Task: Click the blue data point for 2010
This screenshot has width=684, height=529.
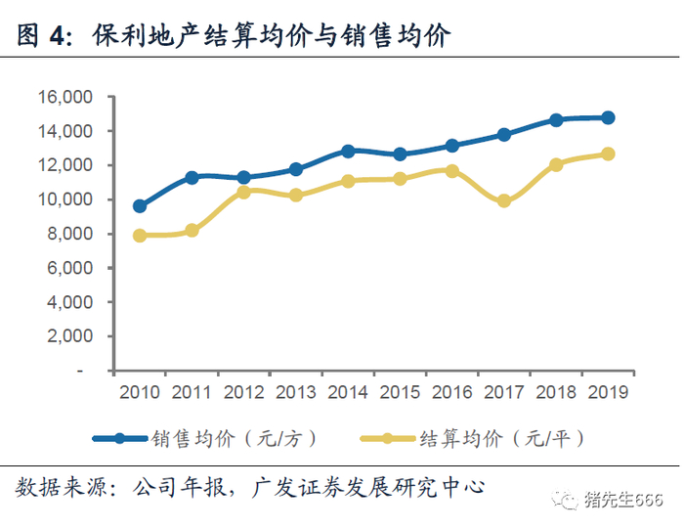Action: (x=140, y=206)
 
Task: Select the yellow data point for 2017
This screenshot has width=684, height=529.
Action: (x=504, y=200)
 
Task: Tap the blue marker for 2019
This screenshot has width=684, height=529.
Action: (x=608, y=118)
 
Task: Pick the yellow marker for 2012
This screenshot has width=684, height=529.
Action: (x=244, y=192)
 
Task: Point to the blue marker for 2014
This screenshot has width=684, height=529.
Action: (x=348, y=152)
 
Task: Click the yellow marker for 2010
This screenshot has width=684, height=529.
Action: (x=140, y=236)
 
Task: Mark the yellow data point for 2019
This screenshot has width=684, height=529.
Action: (x=608, y=154)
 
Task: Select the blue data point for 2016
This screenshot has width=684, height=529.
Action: (x=452, y=146)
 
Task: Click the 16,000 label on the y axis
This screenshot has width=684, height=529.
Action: (x=65, y=97)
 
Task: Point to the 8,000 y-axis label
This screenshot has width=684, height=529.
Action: (x=69, y=234)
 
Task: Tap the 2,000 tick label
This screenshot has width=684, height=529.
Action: (x=69, y=336)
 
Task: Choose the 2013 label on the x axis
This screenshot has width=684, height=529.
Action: (x=296, y=392)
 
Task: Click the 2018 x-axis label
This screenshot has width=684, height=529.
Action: (x=556, y=392)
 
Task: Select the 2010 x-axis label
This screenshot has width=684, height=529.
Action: (x=140, y=392)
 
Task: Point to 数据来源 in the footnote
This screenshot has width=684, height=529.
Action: (x=60, y=487)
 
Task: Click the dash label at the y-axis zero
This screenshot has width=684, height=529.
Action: (x=79, y=372)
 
